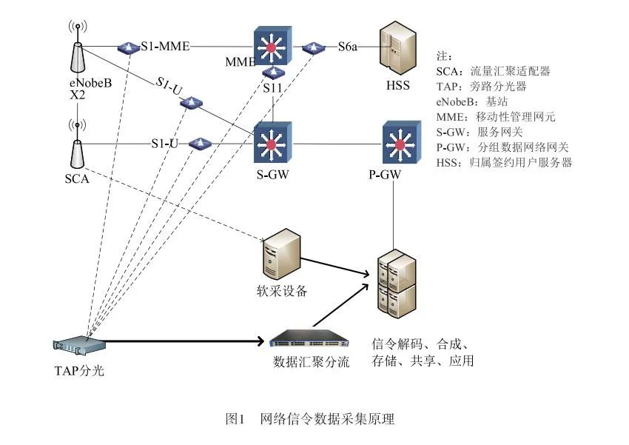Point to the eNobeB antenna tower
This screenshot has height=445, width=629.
click(x=77, y=46)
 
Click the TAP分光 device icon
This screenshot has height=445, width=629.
click(x=78, y=344)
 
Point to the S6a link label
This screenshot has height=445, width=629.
click(x=348, y=47)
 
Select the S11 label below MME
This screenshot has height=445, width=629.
click(x=273, y=87)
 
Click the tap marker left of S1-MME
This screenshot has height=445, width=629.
click(x=129, y=47)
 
